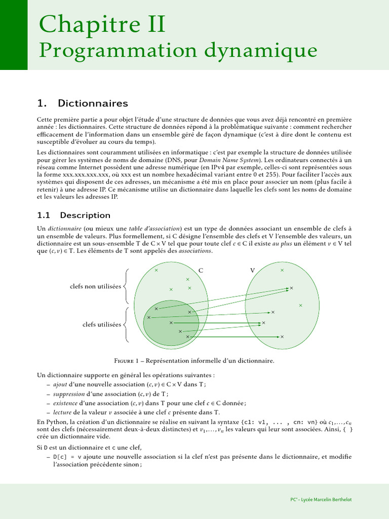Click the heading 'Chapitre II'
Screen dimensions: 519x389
102,25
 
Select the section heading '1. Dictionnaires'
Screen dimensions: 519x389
83,103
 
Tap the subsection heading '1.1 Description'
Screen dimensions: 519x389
74,215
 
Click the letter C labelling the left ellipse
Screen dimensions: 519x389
201,271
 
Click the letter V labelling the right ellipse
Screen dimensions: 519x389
252,271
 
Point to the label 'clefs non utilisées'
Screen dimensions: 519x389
95,286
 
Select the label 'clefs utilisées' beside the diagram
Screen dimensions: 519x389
102,324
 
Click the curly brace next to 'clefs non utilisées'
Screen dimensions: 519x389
126,286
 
